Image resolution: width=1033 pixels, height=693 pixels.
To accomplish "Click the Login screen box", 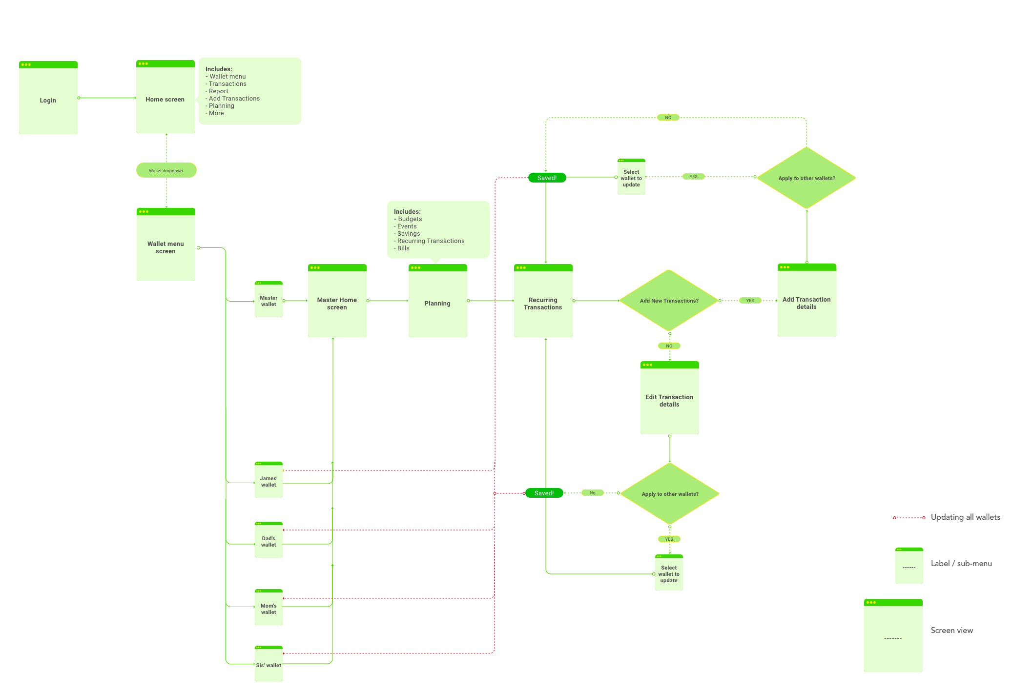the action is tap(48, 98).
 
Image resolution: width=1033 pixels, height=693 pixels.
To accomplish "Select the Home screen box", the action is tap(165, 97).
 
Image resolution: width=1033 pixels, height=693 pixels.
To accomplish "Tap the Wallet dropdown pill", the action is tap(166, 170).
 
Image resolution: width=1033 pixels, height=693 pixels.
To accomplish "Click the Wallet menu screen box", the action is tap(166, 245).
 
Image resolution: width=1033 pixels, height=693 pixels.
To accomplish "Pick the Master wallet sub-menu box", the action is tap(269, 299).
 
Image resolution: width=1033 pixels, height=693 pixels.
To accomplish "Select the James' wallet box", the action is tap(269, 480).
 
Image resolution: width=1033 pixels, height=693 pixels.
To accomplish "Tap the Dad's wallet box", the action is tap(269, 540).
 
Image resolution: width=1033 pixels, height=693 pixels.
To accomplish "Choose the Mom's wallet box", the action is tap(269, 607).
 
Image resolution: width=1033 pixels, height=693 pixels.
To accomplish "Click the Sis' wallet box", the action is tap(269, 664).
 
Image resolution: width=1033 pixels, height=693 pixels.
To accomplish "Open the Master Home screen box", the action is tap(337, 301).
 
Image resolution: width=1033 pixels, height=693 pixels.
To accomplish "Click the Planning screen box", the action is tap(438, 301).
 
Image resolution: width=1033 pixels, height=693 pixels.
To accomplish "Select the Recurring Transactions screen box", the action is tap(543, 301).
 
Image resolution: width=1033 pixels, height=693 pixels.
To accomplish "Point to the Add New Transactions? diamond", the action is tap(669, 301).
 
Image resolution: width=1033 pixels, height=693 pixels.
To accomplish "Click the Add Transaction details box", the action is tap(807, 300).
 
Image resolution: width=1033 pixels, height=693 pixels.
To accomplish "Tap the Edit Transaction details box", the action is tap(670, 398).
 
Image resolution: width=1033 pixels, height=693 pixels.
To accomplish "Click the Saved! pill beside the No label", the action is tap(544, 493).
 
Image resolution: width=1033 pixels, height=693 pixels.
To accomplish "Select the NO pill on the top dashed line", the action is tap(668, 118).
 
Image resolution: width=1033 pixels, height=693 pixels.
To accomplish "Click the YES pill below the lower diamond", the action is tap(669, 539).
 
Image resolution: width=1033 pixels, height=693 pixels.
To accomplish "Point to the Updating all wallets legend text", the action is tap(966, 517).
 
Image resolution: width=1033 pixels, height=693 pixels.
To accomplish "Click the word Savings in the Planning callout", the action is tap(409, 234).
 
